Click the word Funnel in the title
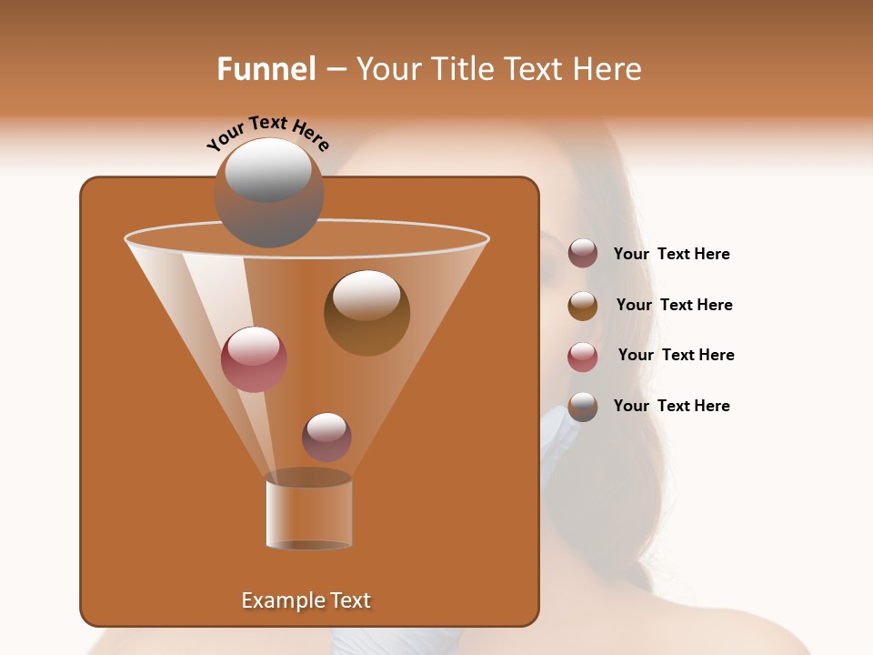click(266, 69)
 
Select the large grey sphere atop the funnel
click(268, 193)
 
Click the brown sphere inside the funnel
click(366, 312)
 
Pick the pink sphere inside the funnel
click(254, 359)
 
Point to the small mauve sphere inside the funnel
click(326, 437)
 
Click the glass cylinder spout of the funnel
click(308, 512)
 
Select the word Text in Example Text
click(348, 600)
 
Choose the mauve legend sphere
click(583, 254)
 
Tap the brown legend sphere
click(583, 306)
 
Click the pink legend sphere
click(583, 357)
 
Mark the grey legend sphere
click(583, 407)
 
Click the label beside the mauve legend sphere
click(671, 254)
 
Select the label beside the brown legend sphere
click(674, 305)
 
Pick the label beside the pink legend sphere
click(676, 355)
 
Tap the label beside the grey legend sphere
click(671, 406)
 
